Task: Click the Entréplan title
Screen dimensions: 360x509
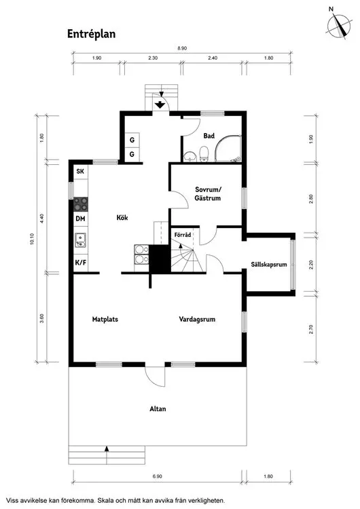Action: (x=91, y=34)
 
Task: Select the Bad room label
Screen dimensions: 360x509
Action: (x=209, y=136)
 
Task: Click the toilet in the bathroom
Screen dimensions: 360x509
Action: (x=204, y=153)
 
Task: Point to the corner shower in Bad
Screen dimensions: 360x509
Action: (x=228, y=149)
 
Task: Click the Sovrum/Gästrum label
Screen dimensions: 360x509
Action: (x=208, y=194)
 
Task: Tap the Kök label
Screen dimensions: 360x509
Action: (x=122, y=217)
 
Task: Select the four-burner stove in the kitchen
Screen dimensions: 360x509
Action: (x=81, y=204)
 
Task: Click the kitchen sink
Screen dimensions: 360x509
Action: (x=80, y=240)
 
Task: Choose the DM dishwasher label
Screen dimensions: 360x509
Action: (x=80, y=219)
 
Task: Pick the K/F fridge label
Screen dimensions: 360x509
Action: (x=81, y=262)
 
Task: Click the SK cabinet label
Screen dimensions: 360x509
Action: (x=80, y=171)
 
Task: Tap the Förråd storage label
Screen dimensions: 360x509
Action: (x=183, y=235)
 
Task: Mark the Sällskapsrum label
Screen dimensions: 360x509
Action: (x=269, y=264)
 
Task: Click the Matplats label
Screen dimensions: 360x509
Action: (x=105, y=320)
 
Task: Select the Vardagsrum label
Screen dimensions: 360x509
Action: (x=197, y=320)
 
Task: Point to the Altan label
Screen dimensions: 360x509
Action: (x=158, y=409)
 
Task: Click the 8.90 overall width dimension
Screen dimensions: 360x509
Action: (x=182, y=48)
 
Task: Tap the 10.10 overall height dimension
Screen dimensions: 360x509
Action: (x=32, y=239)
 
